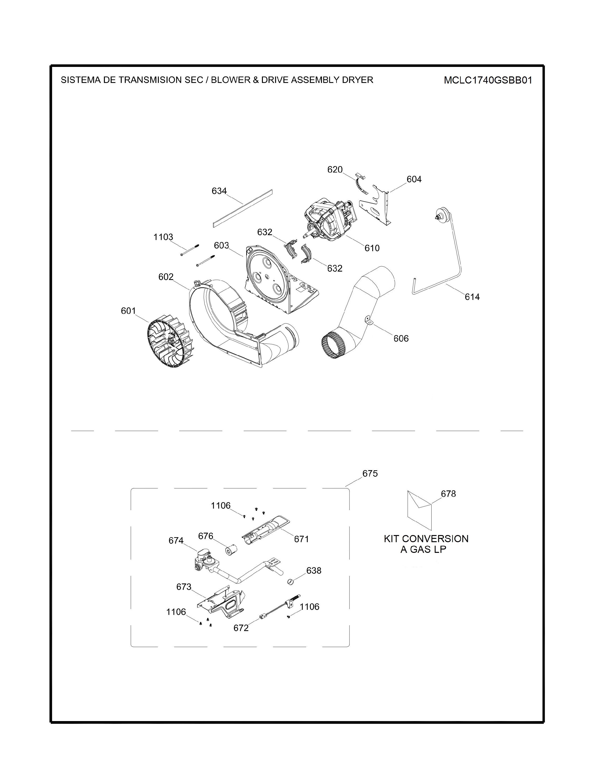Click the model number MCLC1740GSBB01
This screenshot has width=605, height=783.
(x=488, y=80)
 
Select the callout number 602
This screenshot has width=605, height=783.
(x=166, y=277)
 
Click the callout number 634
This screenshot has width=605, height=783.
(x=219, y=191)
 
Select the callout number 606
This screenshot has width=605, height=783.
(x=401, y=338)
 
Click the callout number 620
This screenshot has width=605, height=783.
(x=335, y=170)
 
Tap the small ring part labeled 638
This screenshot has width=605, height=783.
(x=291, y=582)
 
